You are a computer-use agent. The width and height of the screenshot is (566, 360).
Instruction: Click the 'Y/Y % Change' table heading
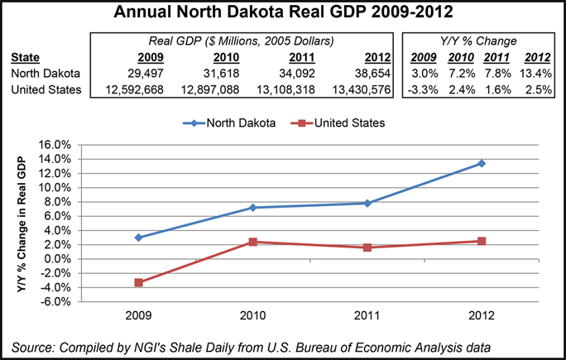coord(479,41)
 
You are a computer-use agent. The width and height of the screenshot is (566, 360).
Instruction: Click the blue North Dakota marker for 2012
coord(481,163)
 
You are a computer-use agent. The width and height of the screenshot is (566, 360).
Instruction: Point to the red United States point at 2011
coord(367,247)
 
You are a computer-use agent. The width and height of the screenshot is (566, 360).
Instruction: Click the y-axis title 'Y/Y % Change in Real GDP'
coord(19,223)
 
